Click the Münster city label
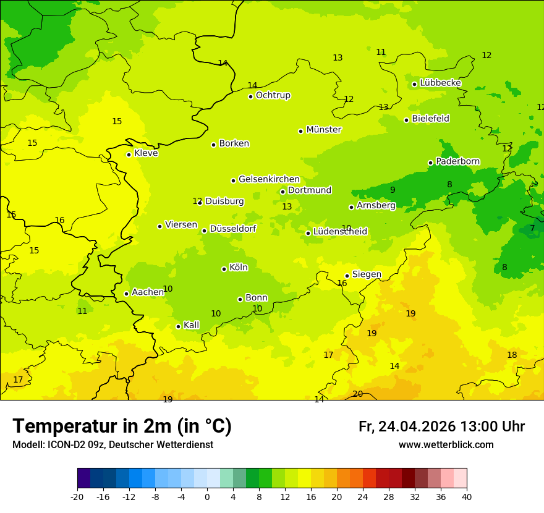323,130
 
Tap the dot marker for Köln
224,269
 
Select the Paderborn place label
457,161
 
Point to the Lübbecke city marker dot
414,84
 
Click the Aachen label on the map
148,292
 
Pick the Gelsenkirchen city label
269,179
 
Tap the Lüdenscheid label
340,232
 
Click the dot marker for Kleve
129,155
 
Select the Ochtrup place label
273,95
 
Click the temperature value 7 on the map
532,228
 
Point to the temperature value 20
357,394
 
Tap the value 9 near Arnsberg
393,190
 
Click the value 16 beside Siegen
342,283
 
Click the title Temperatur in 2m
122,426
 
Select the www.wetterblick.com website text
446,444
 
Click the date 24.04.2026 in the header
417,426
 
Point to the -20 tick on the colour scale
77,496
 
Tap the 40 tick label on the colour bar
467,496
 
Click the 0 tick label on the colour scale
207,496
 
